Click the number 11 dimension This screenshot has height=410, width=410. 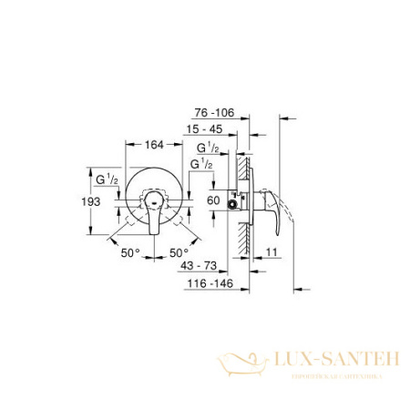[272, 250]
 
